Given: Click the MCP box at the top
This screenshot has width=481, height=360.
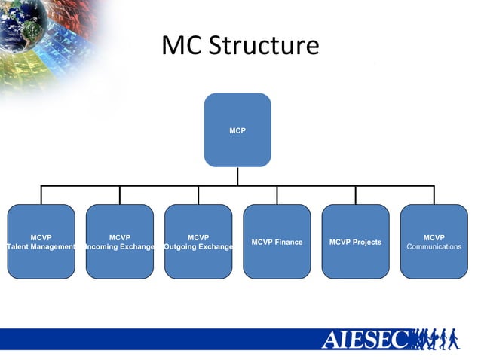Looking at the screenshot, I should click(237, 130).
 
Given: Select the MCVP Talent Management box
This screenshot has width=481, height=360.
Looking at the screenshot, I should click(41, 241).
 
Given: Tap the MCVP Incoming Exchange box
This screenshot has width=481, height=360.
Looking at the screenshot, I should click(119, 241).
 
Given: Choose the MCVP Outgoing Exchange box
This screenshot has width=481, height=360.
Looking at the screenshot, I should click(198, 241).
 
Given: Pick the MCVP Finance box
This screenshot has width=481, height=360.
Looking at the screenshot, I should click(277, 241).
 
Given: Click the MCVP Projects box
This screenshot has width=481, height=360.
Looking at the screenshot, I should click(355, 241).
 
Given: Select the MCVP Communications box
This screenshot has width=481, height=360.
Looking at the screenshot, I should click(434, 241).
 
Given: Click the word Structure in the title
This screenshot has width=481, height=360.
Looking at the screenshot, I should click(264, 46).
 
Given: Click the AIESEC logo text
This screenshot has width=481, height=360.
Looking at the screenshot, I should click(365, 340).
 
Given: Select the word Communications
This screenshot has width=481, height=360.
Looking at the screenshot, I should click(434, 247).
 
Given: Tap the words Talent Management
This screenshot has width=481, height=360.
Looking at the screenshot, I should click(41, 247).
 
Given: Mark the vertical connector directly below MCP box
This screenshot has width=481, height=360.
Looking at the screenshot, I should click(237, 175).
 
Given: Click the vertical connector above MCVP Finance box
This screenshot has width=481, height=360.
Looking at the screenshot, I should click(277, 195).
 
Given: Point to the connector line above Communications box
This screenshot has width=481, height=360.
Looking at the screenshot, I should click(434, 195).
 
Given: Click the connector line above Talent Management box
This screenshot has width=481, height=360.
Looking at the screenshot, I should click(41, 195).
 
